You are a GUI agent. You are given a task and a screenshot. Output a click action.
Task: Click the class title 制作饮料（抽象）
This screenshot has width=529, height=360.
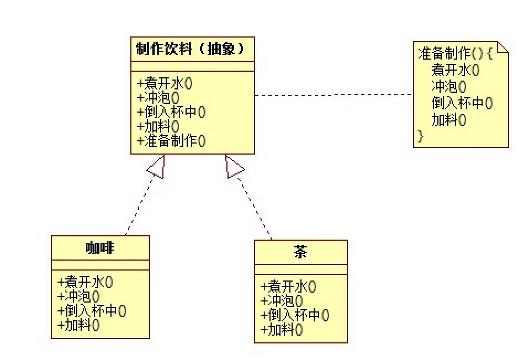point(190,49)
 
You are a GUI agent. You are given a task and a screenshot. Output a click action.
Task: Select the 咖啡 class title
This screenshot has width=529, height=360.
point(100,248)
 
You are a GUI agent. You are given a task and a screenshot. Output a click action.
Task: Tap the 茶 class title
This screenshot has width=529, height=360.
point(300,253)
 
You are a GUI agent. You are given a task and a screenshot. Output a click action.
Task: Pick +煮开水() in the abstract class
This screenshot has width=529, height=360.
point(164,83)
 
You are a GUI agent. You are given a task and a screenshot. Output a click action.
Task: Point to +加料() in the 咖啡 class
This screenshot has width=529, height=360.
point(78,325)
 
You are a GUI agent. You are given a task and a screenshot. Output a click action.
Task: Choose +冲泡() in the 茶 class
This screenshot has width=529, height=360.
point(282,301)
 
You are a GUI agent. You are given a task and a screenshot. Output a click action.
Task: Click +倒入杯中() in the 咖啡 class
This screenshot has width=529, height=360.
point(91,311)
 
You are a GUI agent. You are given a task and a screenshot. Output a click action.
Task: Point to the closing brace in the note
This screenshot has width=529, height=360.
point(421,136)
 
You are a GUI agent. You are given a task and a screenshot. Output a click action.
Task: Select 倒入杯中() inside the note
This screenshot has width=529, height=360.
point(462,103)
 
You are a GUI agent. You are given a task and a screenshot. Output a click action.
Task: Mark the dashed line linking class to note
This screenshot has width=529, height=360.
point(334,95)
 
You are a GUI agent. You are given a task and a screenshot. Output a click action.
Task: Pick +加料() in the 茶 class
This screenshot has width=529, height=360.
point(282,330)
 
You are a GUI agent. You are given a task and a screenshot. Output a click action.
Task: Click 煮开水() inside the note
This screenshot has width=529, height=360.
point(455,70)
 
